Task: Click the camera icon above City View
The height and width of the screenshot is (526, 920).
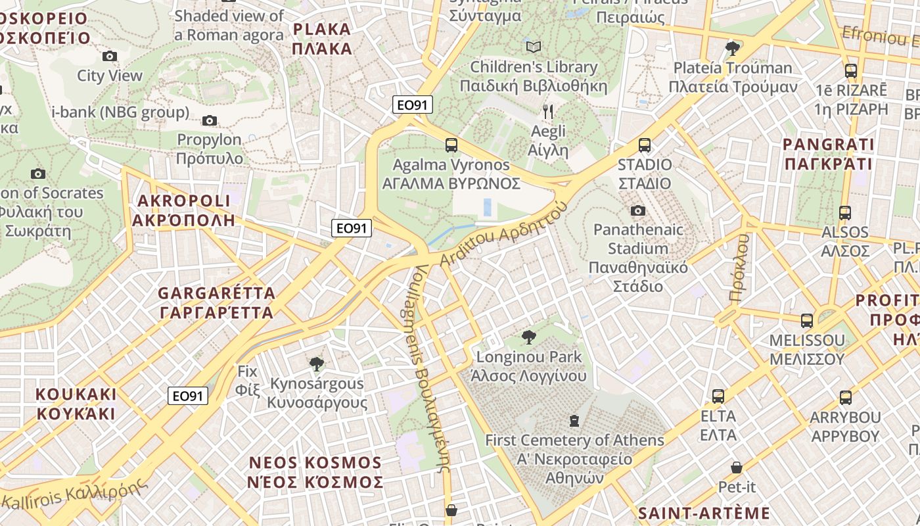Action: (x=110, y=57)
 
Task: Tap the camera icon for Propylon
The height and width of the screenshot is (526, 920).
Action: (x=210, y=120)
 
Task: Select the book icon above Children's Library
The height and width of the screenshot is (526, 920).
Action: (x=534, y=47)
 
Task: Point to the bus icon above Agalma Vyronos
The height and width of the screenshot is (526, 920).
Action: (x=451, y=145)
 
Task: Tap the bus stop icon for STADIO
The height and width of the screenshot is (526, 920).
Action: (x=645, y=145)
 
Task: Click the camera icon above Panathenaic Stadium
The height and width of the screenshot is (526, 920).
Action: (x=637, y=210)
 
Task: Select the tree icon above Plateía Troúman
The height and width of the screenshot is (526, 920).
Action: (x=732, y=48)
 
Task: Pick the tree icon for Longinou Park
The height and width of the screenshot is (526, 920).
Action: (x=528, y=338)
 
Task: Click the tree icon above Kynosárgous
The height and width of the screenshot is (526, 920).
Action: (x=317, y=364)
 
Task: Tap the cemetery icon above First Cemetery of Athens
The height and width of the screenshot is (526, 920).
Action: (x=574, y=420)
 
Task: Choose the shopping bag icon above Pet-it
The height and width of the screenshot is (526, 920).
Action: (x=737, y=467)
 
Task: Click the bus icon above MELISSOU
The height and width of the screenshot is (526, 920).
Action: (x=807, y=321)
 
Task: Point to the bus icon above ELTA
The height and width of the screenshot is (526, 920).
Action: (x=718, y=396)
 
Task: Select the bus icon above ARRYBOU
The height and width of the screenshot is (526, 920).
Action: (x=846, y=398)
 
